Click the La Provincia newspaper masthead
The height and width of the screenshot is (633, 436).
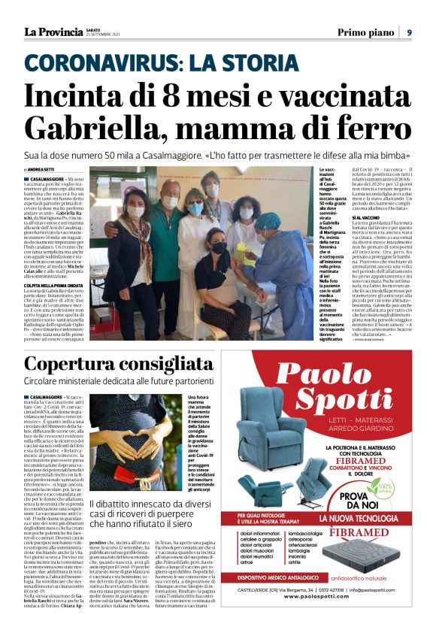click(x=53, y=32)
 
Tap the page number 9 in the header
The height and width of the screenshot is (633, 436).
click(x=409, y=32)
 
